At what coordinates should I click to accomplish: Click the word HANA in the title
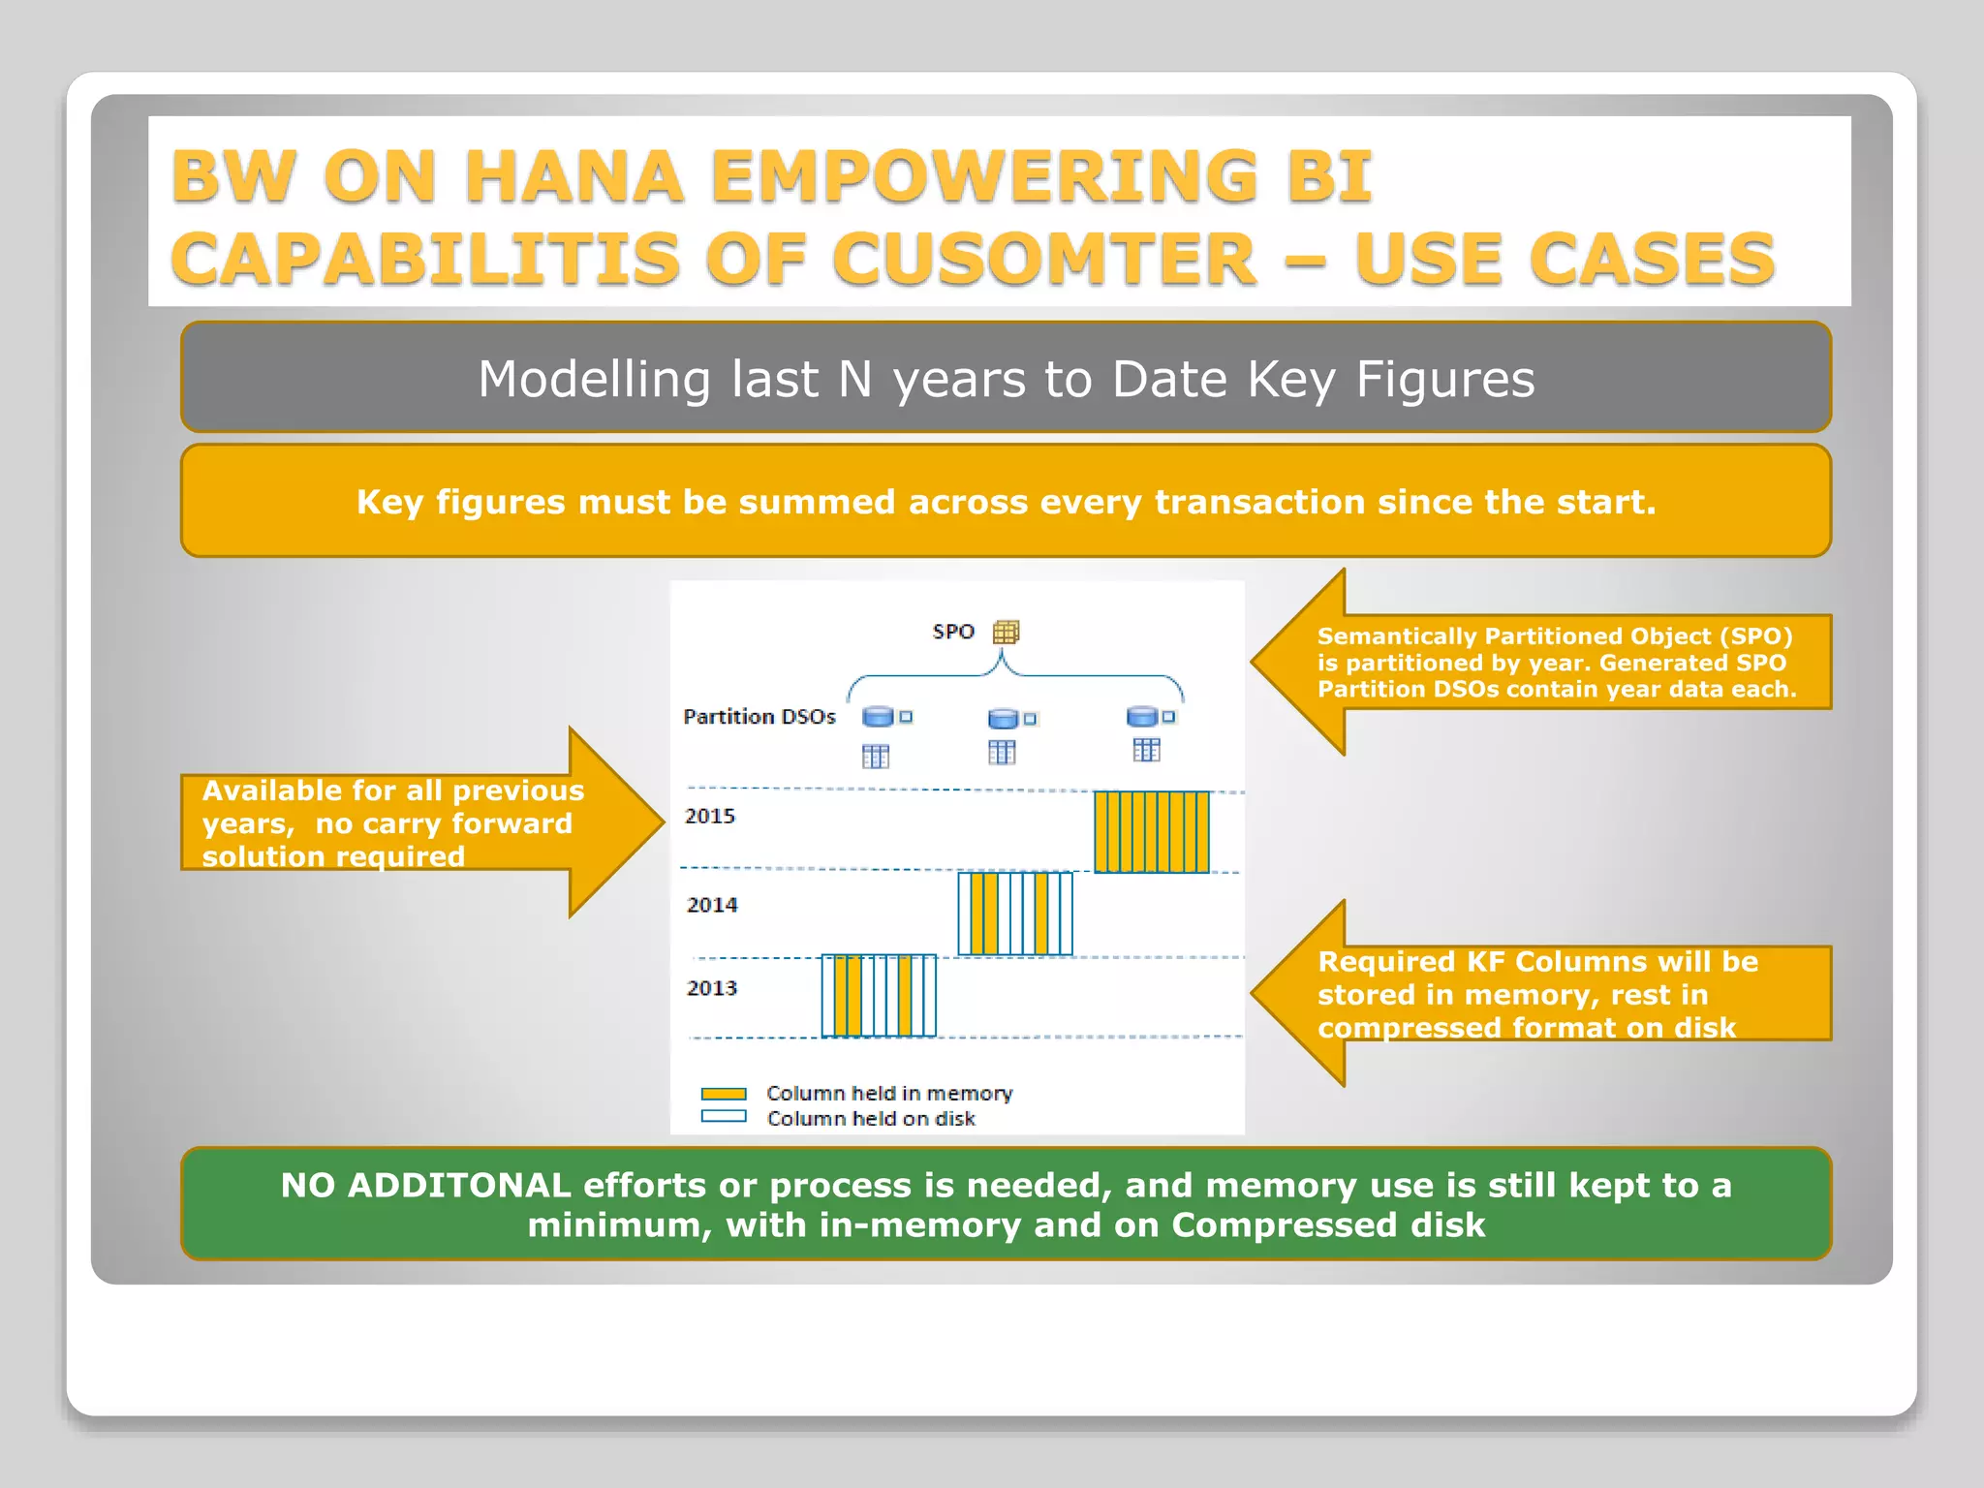(573, 177)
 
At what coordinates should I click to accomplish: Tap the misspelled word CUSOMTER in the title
(1043, 260)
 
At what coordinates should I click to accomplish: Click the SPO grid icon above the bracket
(1006, 633)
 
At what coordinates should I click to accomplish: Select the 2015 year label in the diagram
(709, 817)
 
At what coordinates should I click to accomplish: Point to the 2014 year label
(711, 905)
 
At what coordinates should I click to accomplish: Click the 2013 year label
(711, 988)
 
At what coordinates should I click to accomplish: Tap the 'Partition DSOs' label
(759, 717)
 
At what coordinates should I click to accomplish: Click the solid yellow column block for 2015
(1151, 832)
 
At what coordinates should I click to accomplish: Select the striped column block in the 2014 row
(1014, 914)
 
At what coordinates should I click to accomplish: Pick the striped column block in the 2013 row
(879, 996)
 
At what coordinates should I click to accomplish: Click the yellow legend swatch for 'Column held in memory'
(724, 1094)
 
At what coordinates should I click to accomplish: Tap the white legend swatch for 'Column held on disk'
(724, 1116)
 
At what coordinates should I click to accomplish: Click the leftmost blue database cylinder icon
(878, 717)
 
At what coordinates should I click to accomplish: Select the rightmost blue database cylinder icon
(1142, 717)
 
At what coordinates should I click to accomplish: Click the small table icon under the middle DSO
(1002, 753)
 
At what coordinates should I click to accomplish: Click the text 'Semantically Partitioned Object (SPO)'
(1554, 636)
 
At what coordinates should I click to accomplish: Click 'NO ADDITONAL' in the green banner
(425, 1186)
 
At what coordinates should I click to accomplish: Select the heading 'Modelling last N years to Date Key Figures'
(1006, 379)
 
